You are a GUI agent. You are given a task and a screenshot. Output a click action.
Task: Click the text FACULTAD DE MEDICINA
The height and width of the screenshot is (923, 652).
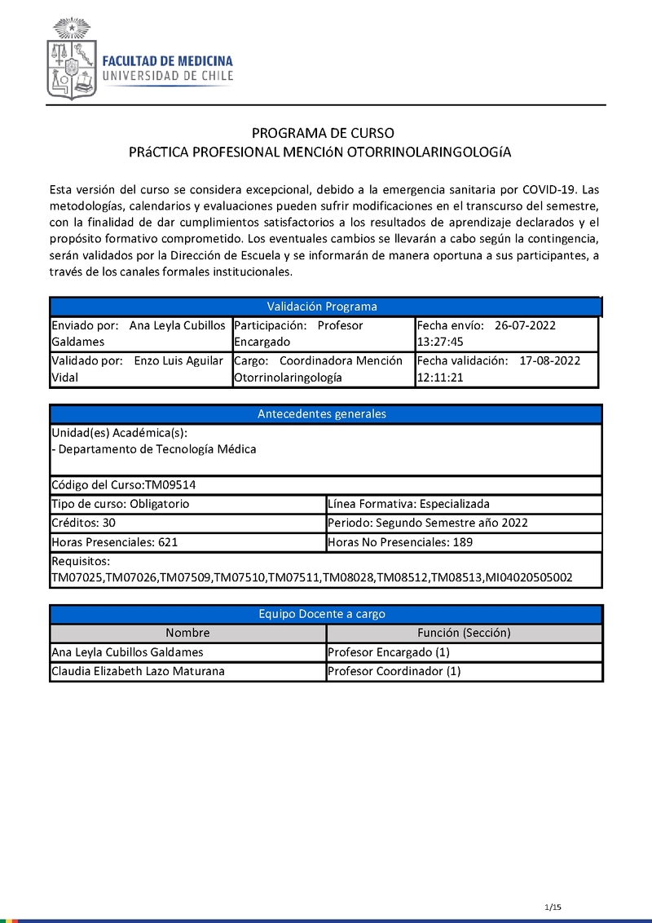[167, 60]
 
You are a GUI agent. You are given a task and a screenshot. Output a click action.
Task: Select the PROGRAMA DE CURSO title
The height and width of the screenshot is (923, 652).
[323, 133]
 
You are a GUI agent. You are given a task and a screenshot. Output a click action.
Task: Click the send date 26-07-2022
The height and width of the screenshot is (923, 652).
[525, 325]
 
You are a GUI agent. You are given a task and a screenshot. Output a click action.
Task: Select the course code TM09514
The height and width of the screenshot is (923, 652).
[170, 484]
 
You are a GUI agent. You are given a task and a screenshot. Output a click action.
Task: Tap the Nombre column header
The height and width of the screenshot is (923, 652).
[187, 633]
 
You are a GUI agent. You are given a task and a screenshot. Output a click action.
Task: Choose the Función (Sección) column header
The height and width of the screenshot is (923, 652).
[464, 633]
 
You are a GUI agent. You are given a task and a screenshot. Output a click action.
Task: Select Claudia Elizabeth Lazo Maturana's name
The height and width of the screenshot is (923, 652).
[138, 671]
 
